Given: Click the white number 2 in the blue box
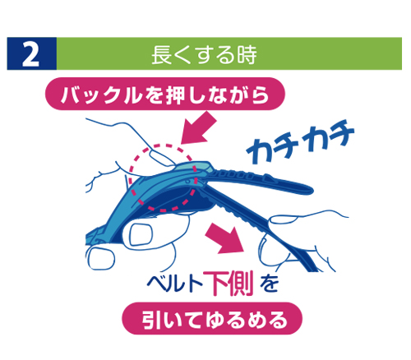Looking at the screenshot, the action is pos(30,53).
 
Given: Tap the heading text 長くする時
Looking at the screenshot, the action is pos(204,54).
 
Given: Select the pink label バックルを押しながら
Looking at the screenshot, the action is pos(165,94).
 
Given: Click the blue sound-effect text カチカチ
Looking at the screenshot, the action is pos(300,141).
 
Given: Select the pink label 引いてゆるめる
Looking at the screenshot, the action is pos(212,319).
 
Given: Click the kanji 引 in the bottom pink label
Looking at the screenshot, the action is pos(151,320).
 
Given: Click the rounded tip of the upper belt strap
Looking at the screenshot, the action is pos(309,190).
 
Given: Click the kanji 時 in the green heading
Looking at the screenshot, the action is pos(247,55).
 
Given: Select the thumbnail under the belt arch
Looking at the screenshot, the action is pos(141,234).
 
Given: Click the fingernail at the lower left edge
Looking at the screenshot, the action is pos(100,258).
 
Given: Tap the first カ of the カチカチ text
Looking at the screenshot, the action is pos(260,150).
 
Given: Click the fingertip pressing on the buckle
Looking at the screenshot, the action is pos(162,159).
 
